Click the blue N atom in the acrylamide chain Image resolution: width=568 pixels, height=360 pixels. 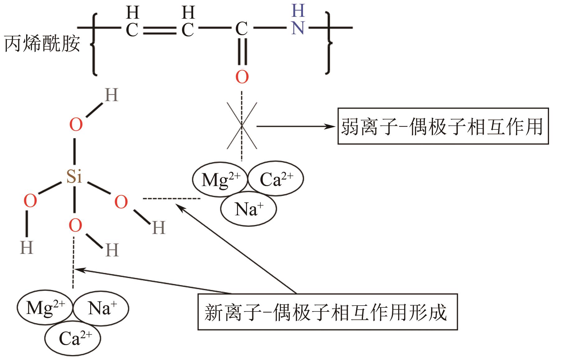[x=298, y=28]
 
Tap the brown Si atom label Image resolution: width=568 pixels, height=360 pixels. [x=74, y=176]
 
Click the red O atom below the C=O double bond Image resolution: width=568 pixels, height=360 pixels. [x=242, y=77]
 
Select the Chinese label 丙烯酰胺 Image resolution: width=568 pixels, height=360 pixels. [x=42, y=44]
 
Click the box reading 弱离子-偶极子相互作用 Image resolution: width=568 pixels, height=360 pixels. [x=443, y=126]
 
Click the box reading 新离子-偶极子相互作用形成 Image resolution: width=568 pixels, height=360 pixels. [x=327, y=311]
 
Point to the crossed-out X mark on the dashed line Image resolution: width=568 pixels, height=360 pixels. [x=242, y=126]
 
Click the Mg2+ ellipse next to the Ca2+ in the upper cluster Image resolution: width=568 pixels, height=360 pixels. [x=220, y=180]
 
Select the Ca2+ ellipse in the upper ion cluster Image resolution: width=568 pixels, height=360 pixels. [x=276, y=179]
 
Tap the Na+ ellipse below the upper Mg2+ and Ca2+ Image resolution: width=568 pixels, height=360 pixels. [x=249, y=209]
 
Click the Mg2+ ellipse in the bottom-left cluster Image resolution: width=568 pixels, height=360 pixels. [x=45, y=308]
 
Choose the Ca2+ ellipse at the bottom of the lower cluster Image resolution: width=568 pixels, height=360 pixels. [x=73, y=338]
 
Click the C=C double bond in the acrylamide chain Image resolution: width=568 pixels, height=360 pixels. [x=160, y=30]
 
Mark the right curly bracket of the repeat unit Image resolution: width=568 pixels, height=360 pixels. [x=328, y=44]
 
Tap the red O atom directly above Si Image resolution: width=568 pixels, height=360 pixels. [x=76, y=125]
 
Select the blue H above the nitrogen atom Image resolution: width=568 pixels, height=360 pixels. [x=298, y=11]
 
